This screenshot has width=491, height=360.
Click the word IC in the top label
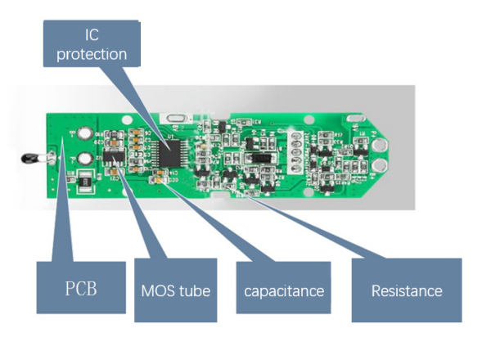[92, 35]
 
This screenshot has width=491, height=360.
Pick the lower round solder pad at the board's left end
[84, 160]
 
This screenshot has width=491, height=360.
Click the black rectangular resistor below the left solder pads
[86, 187]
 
